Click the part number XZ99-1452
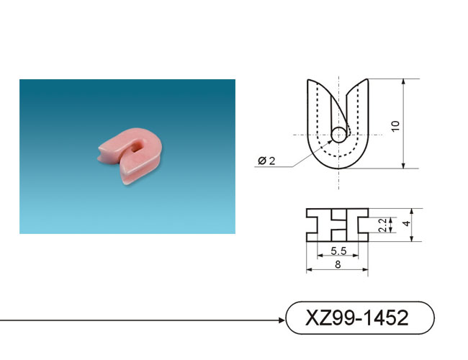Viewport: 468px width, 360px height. click(x=356, y=318)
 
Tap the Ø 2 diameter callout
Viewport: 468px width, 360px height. click(x=266, y=161)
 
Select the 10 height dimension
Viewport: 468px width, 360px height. click(x=395, y=126)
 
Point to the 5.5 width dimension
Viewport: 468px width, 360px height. click(x=338, y=251)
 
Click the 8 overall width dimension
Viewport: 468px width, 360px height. click(x=338, y=265)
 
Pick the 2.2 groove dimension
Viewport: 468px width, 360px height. click(x=382, y=225)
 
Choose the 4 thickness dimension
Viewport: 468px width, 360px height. click(x=407, y=224)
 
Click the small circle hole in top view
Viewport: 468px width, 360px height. click(x=339, y=135)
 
